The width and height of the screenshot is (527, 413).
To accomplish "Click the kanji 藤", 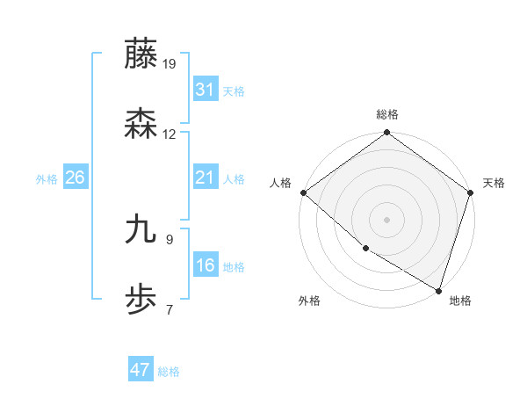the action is [x=141, y=54].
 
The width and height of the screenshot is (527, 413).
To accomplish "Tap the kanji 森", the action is [x=141, y=125].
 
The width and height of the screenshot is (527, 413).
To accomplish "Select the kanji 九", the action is [x=141, y=229].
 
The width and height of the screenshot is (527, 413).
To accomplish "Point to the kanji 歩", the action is [x=141, y=300].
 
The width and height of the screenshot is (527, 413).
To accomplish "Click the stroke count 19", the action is [x=170, y=63].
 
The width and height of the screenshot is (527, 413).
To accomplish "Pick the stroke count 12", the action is [x=170, y=134].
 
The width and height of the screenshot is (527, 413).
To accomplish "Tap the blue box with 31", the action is [x=206, y=90].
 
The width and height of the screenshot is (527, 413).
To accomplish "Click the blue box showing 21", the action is [x=206, y=178].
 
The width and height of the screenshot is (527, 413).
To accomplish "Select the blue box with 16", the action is [x=206, y=265].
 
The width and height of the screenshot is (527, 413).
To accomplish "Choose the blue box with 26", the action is [x=75, y=178].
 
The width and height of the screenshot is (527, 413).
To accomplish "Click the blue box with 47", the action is [x=141, y=370].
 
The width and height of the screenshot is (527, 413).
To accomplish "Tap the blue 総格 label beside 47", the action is [x=169, y=372].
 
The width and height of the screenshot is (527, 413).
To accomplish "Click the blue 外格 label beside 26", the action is [x=47, y=179].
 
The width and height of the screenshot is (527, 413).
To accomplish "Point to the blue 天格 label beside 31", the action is [x=234, y=91].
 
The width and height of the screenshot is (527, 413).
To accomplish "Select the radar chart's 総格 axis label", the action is [x=387, y=114].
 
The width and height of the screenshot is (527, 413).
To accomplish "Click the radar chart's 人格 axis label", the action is [x=281, y=183].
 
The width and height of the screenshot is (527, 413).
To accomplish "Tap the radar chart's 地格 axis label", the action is [x=460, y=301].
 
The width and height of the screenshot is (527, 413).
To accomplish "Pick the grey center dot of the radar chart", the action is [x=387, y=219].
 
